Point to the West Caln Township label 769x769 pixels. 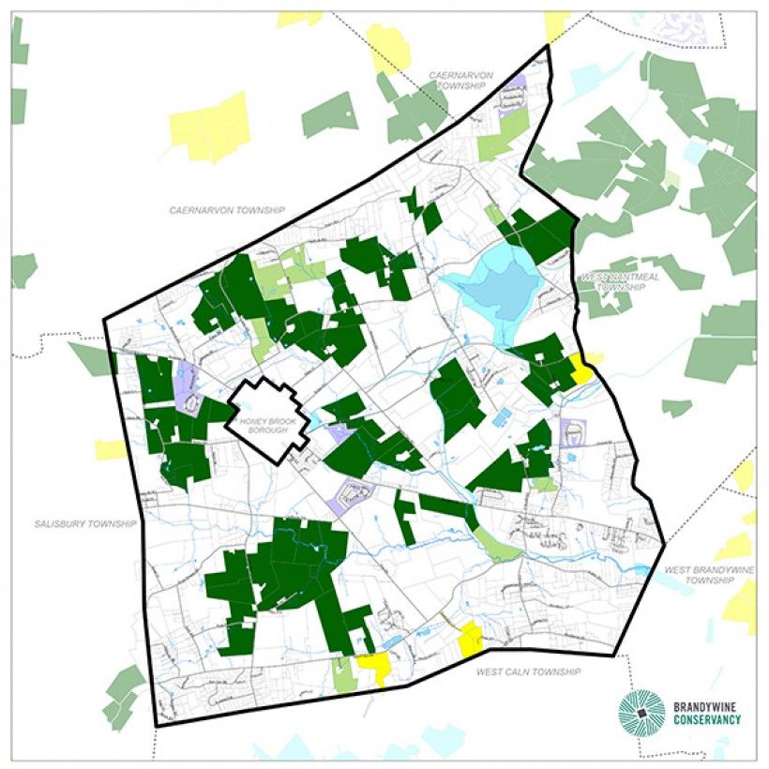pos(528,671)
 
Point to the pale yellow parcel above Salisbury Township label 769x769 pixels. pos(110,449)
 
